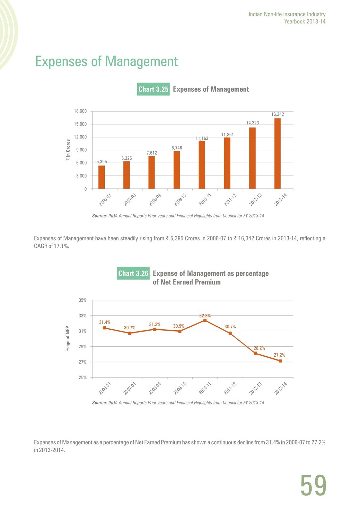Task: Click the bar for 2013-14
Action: pyautogui.click(x=277, y=154)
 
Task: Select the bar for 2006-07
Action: pyautogui.click(x=101, y=177)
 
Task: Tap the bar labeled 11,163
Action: pyautogui.click(x=202, y=165)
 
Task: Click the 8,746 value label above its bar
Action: pyautogui.click(x=177, y=148)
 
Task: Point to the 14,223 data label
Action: pyautogui.click(x=252, y=123)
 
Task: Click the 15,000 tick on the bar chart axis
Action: pyautogui.click(x=80, y=124)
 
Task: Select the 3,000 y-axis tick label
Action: pyautogui.click(x=82, y=176)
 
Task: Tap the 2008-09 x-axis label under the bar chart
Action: pyautogui.click(x=155, y=200)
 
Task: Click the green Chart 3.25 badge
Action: pyautogui.click(x=153, y=89)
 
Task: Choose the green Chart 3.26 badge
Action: pyautogui.click(x=133, y=273)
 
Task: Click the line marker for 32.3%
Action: pyautogui.click(x=205, y=320)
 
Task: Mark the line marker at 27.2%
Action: pyautogui.click(x=281, y=361)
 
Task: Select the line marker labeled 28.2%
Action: pyautogui.click(x=255, y=353)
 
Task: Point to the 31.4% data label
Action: pyautogui.click(x=105, y=322)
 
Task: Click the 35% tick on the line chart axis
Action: pyautogui.click(x=83, y=300)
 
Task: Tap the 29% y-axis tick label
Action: pyautogui.click(x=83, y=347)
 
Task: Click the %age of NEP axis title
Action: pyautogui.click(x=68, y=338)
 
